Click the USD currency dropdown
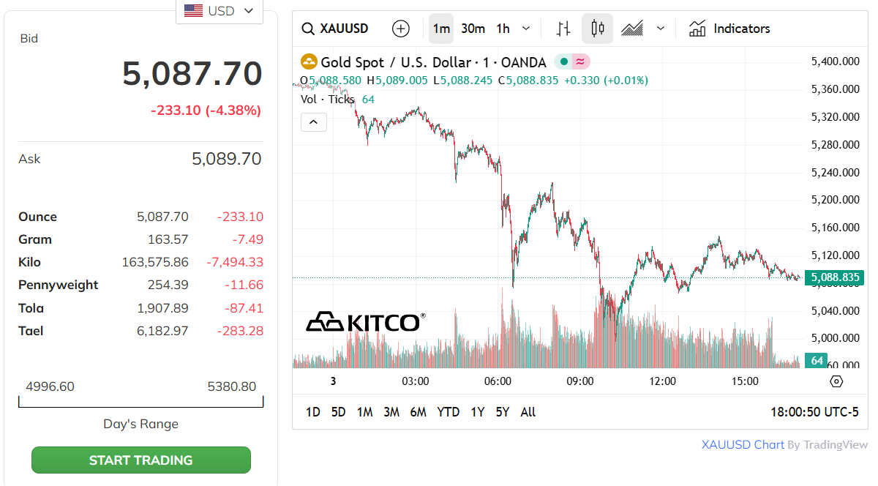[219, 11]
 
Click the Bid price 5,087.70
[192, 74]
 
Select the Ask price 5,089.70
[226, 159]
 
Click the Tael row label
[31, 331]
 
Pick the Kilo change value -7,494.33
[235, 262]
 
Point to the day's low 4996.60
[50, 386]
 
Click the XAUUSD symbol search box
[336, 29]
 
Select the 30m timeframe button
[473, 29]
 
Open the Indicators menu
[729, 29]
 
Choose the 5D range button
[338, 412]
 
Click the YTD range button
[448, 412]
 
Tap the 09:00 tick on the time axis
[580, 381]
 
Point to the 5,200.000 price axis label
[836, 200]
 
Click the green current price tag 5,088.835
[835, 277]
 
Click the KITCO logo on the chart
[365, 322]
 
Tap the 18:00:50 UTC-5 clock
[814, 412]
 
